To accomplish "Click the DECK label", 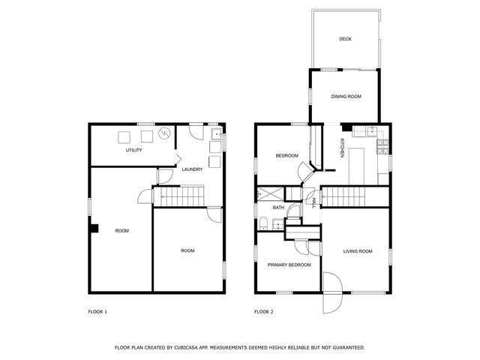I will coord(345,39).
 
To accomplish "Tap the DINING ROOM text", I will coord(346,97).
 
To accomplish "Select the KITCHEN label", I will coord(343,148).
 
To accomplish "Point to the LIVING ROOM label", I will coord(358,251).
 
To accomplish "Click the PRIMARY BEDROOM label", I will coord(289,265).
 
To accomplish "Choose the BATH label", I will coord(277,208).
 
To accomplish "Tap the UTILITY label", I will coord(134,150).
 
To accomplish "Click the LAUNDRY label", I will coord(192,169).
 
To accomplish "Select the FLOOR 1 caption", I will coord(98,311).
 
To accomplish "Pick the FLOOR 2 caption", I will coord(263,311).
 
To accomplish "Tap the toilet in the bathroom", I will coord(263,222).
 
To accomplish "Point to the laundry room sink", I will coord(215,136).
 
